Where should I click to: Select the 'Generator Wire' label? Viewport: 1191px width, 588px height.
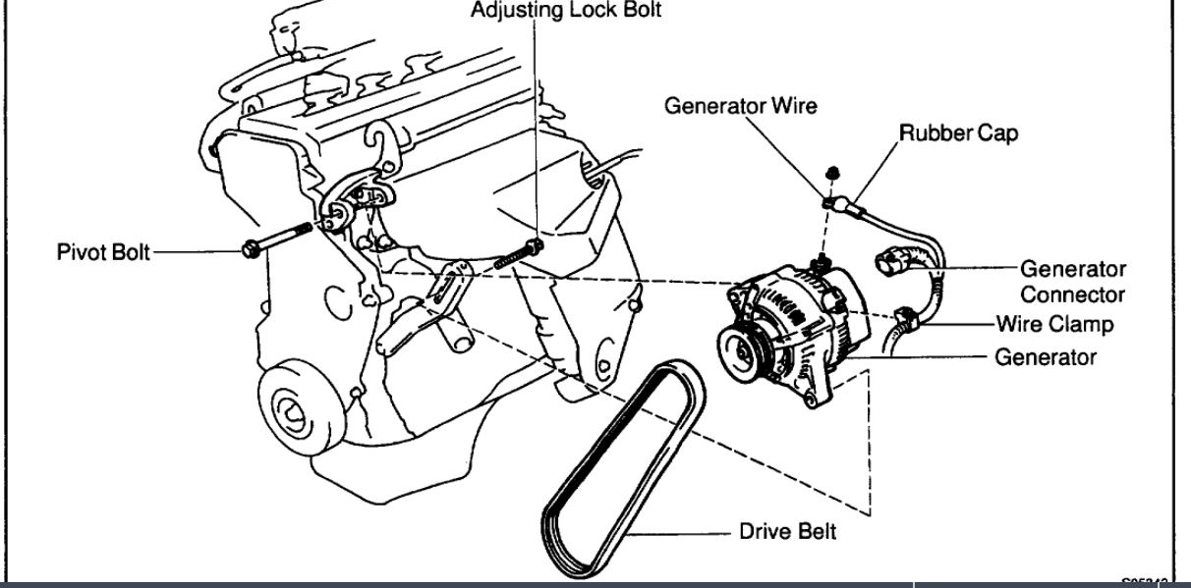point(740,105)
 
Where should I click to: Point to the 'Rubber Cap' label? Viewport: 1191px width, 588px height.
point(958,133)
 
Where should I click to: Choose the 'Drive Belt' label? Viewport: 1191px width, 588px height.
point(787,532)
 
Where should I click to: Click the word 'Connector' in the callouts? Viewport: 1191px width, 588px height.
point(1072,294)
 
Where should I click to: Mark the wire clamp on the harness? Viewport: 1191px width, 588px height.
point(907,317)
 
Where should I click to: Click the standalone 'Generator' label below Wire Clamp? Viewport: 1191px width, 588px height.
point(1046,356)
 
